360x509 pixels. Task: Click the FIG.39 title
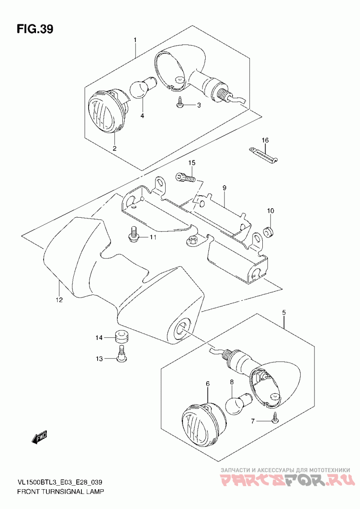(x=35, y=29)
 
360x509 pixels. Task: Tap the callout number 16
(x=265, y=140)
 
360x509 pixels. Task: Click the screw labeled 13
(x=122, y=354)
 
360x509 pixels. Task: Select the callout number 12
(x=59, y=299)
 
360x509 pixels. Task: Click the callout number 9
(x=224, y=188)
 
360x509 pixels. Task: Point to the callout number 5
(x=284, y=313)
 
